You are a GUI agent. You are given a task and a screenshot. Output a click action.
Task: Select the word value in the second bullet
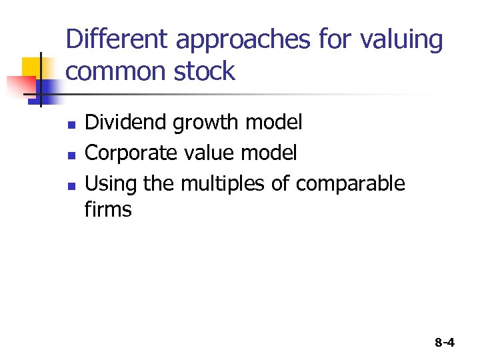point(211,153)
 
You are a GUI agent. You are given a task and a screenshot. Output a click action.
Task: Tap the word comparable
point(350,183)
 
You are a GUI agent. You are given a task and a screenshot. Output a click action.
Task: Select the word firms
point(108,210)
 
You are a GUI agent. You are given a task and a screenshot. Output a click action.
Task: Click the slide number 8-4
point(444,343)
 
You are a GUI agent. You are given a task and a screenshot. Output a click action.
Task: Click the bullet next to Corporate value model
point(71,155)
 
